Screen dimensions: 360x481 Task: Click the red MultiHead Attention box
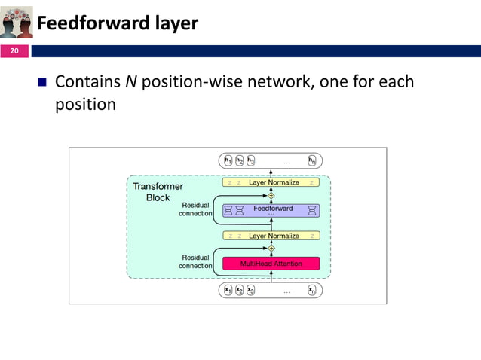(x=271, y=264)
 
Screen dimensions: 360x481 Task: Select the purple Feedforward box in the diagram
(x=271, y=210)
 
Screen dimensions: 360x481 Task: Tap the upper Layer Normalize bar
(x=271, y=182)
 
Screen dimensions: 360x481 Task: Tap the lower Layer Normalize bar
(x=271, y=236)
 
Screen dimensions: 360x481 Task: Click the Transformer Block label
(x=158, y=192)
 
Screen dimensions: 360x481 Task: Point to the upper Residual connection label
(x=195, y=209)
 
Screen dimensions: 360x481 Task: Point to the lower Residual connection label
(x=195, y=261)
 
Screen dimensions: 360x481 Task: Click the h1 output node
(x=228, y=160)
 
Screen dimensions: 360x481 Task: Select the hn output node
(x=312, y=160)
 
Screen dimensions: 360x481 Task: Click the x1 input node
(x=228, y=290)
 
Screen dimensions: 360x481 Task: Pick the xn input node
(x=312, y=290)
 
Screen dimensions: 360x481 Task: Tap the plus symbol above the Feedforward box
(x=271, y=195)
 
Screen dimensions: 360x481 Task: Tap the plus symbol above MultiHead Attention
(x=271, y=248)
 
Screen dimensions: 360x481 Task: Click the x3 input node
(x=250, y=290)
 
